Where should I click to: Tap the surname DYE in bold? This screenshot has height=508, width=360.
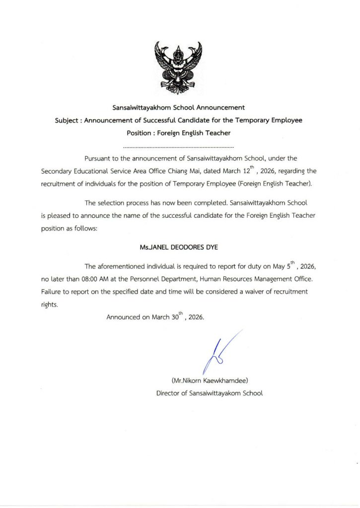tap(212, 246)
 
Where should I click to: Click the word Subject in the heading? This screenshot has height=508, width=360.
tap(67, 121)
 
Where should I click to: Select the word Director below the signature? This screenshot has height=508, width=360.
tap(168, 393)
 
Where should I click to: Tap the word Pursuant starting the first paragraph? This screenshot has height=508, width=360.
tap(98, 159)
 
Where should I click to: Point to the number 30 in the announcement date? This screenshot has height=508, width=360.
tap(176, 317)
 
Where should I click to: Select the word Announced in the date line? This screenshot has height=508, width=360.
tap(124, 317)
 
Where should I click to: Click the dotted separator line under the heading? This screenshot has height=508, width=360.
tap(178, 148)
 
